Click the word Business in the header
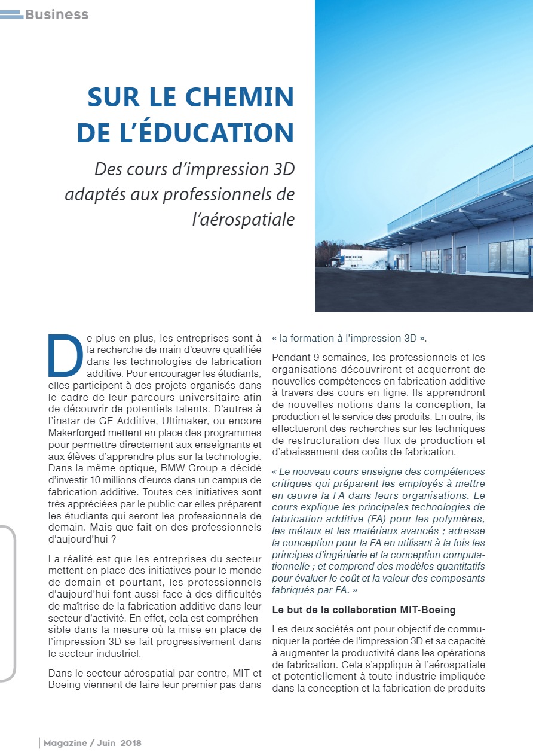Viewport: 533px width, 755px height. click(57, 14)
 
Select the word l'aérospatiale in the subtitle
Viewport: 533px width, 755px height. click(243, 220)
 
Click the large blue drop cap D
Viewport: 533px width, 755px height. click(65, 355)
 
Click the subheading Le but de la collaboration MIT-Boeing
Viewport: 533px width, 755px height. click(363, 610)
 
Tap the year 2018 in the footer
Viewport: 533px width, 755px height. click(131, 743)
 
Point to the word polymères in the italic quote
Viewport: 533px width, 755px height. click(460, 519)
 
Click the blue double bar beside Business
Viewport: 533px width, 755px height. click(11, 14)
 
